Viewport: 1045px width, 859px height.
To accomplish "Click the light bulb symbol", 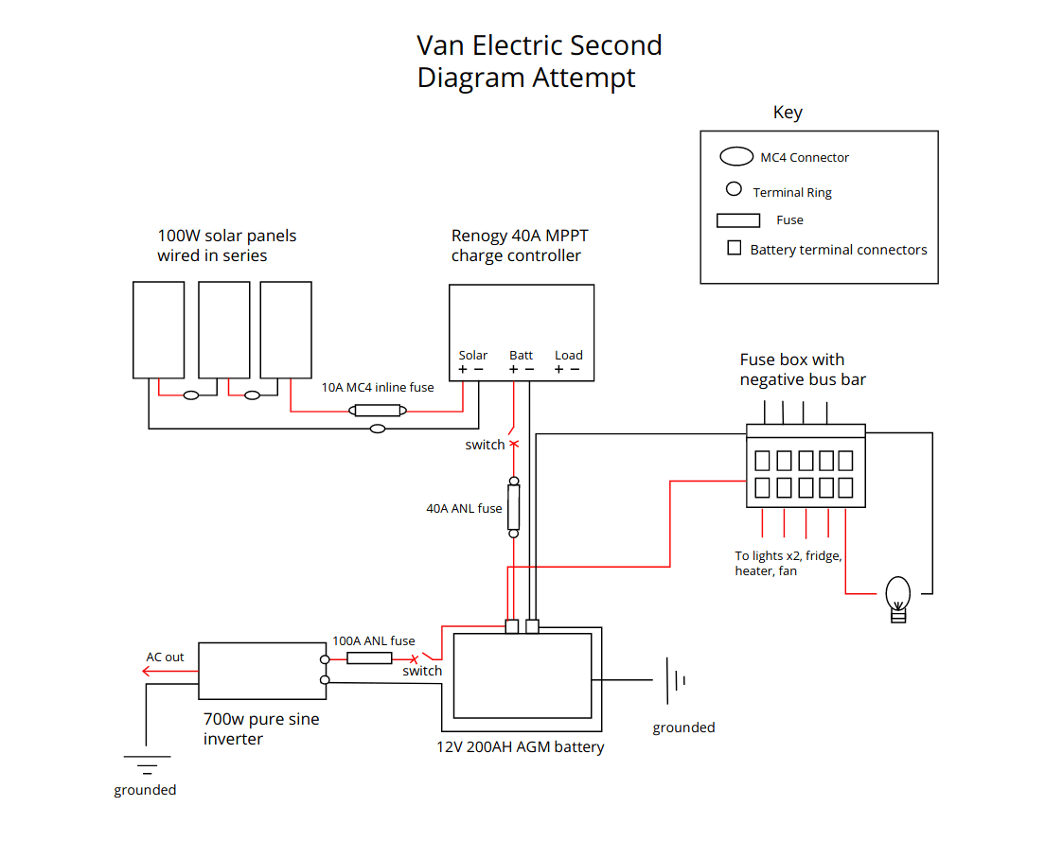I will pos(897,599).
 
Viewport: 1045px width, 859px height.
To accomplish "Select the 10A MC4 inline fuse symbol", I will pos(379,411).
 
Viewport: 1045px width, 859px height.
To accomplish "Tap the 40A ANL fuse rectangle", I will pos(514,508).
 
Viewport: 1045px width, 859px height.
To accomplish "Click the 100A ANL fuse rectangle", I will pos(369,657).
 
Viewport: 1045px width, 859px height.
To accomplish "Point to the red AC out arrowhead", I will pos(146,672).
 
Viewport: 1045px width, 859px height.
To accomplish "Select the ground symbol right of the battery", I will pos(673,680).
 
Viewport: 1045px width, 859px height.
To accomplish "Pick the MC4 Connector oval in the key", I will pos(736,157).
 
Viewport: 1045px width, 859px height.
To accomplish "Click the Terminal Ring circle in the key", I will pos(734,189).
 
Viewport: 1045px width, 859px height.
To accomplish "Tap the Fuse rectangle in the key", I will pos(738,220).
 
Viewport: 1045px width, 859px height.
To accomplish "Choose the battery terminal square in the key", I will pos(734,249).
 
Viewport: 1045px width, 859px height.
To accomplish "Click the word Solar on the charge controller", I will pos(473,355).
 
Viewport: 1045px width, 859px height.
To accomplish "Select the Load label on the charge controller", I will pos(569,355).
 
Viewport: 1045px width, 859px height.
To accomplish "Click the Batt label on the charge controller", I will pos(522,355).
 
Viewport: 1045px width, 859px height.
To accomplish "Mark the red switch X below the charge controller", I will pos(514,444).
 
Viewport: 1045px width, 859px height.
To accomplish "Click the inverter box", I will pos(260,673).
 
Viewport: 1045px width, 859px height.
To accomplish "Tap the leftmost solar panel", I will pos(158,329).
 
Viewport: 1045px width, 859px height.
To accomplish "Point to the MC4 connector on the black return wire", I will pos(378,429).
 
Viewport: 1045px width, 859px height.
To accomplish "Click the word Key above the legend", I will pos(788,113).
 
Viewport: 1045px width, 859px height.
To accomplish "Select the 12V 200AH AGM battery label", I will pos(520,747).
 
